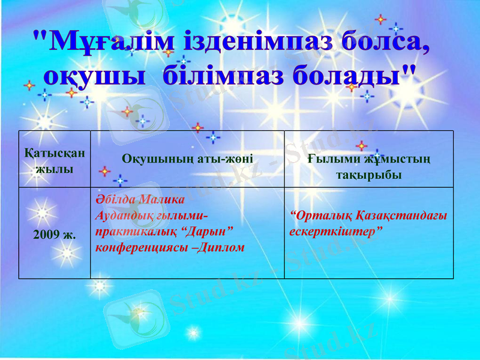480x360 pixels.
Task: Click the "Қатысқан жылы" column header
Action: click(55, 160)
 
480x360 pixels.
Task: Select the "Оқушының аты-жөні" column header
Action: click(187, 159)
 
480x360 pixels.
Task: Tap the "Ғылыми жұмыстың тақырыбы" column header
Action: click(368, 166)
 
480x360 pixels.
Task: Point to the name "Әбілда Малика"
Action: click(140, 200)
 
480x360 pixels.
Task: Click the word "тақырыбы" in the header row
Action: click(368, 175)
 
